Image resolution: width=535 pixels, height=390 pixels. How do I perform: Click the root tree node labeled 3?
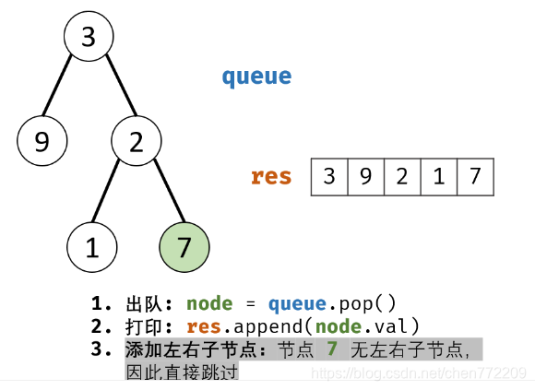tap(89, 38)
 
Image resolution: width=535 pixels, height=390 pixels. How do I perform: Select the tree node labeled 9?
tap(42, 142)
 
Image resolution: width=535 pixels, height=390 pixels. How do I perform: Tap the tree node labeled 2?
tap(137, 142)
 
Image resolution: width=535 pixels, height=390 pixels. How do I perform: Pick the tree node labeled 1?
tap(91, 247)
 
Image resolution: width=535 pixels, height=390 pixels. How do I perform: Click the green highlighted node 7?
tap(184, 247)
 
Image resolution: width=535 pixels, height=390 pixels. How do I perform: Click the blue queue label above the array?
tap(256, 77)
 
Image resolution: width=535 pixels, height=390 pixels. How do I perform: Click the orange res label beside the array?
tap(271, 176)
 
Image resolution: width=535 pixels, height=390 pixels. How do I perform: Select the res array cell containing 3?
tap(329, 177)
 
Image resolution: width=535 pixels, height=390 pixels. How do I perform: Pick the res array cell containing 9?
tap(365, 177)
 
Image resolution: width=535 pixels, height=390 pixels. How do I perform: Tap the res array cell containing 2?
tap(402, 177)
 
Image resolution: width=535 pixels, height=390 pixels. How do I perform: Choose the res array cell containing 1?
tap(439, 177)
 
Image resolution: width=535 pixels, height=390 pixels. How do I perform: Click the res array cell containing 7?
tap(475, 177)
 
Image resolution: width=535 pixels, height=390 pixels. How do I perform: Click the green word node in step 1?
tap(209, 303)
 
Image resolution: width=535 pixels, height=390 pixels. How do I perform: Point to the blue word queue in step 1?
tap(296, 303)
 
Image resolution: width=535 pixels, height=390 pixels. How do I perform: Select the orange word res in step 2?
tap(205, 325)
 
